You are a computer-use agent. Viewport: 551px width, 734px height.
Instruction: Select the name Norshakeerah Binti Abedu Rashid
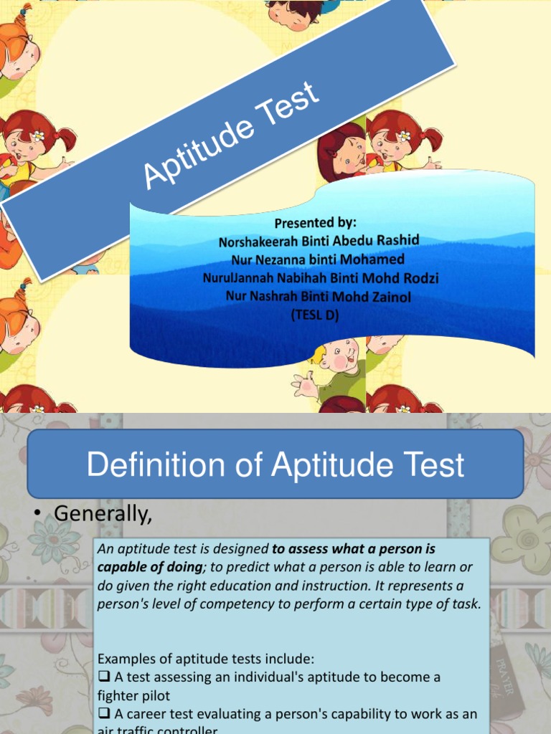[x=319, y=241]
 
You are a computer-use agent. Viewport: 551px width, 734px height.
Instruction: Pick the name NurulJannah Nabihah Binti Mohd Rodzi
[x=321, y=277]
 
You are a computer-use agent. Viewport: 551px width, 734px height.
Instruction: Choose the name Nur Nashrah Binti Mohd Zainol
[x=319, y=295]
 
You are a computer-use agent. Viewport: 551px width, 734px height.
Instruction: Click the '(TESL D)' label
[x=315, y=313]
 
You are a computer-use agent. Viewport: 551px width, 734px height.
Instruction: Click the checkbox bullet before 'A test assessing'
[x=101, y=677]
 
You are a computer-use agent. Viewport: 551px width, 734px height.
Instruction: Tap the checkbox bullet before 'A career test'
[x=101, y=714]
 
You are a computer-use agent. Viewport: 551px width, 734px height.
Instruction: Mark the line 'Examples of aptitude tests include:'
[x=206, y=658]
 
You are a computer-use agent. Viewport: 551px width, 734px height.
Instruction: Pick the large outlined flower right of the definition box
[x=523, y=538]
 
